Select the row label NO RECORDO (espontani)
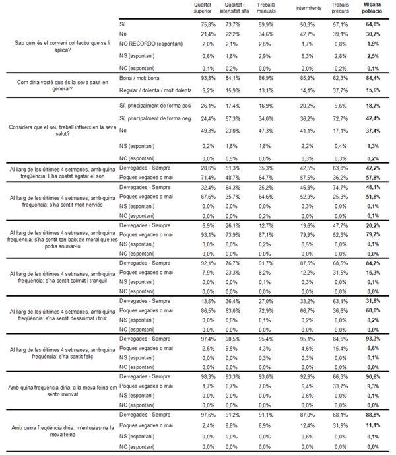pyautogui.click(x=150, y=43)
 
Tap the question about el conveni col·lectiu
pyautogui.click(x=53, y=46)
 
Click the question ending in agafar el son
pyautogui.click(x=53, y=174)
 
